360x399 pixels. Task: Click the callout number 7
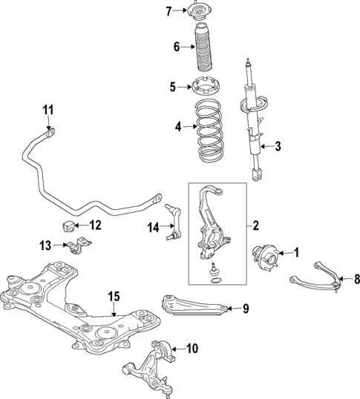[168, 10]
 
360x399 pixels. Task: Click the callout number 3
[278, 146]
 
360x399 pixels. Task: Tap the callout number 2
[255, 225]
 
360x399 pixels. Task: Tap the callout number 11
[48, 111]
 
